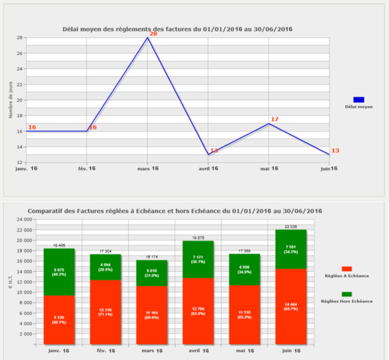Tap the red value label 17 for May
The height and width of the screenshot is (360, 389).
(274, 119)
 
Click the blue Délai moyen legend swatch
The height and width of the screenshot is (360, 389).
(358, 100)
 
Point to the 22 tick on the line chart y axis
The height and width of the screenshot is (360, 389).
(20, 85)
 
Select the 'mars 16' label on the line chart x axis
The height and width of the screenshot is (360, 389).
(148, 169)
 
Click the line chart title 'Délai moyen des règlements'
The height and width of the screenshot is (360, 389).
(178, 29)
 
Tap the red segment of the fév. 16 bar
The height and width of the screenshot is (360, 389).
(105, 312)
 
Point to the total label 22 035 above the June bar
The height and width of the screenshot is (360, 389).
(290, 226)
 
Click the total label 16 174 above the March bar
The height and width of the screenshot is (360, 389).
(152, 257)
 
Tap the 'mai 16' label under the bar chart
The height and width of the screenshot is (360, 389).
(244, 350)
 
